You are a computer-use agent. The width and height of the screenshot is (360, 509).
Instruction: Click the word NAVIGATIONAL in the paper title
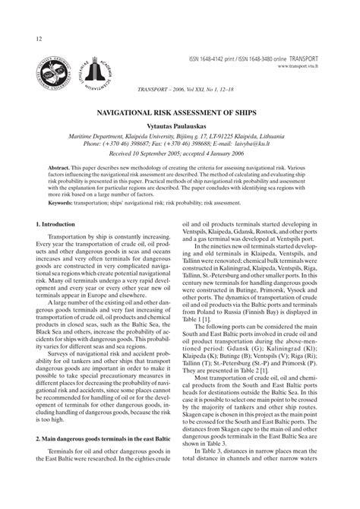(138, 112)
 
